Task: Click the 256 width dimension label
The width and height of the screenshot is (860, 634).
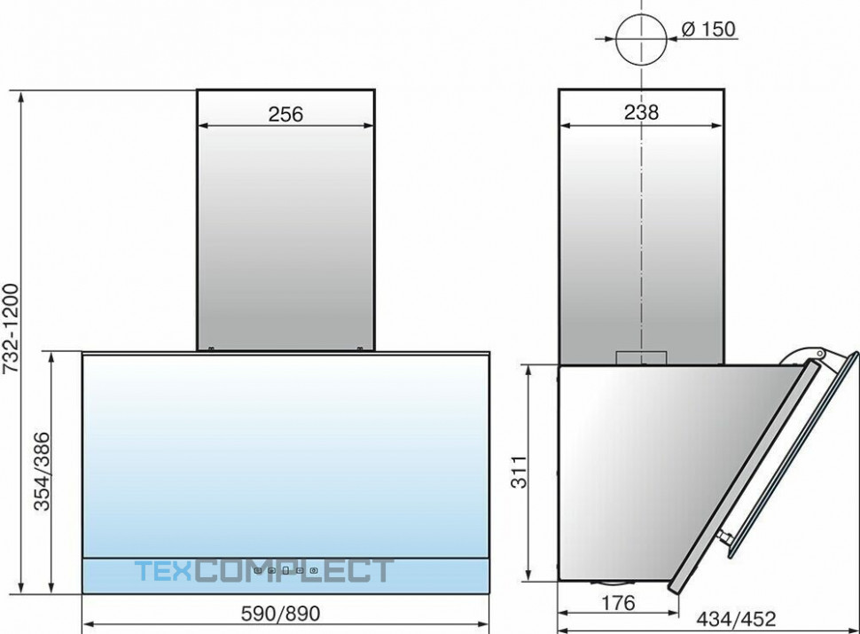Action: pos(285,114)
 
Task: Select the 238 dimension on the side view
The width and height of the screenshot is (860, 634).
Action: pos(641,113)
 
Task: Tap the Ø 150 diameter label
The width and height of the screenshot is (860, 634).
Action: pos(708,28)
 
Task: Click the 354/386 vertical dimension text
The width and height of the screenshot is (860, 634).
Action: pos(42,471)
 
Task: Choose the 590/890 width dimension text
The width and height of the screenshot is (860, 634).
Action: pos(280,614)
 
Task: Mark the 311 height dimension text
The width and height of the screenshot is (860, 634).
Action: pos(519,472)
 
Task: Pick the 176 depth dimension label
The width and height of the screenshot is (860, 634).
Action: pos(618,603)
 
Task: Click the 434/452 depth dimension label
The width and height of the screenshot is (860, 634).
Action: pos(736,619)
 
